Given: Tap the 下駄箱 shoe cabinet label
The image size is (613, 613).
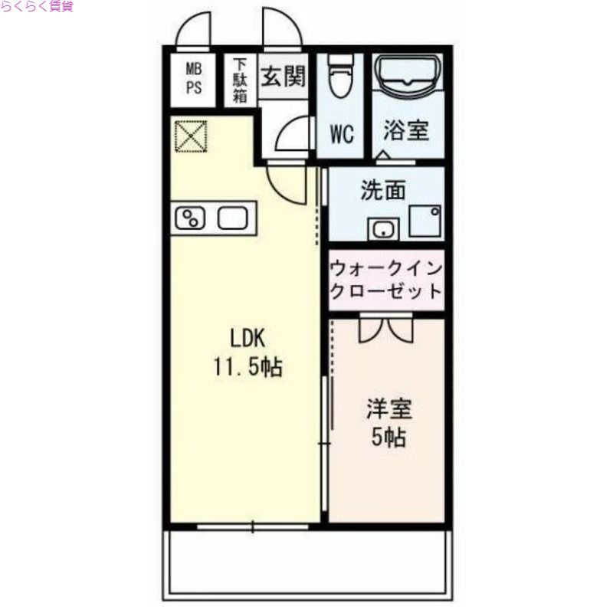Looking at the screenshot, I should click(240, 80).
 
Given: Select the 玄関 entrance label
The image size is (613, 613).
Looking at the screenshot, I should click(284, 77).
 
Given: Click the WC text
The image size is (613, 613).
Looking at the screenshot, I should click(341, 133).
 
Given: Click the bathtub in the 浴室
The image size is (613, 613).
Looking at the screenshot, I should click(408, 79).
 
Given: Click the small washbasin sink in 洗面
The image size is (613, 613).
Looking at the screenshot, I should click(382, 228).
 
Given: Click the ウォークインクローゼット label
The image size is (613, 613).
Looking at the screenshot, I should click(386, 280).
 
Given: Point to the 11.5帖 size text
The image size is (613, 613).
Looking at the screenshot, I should click(247, 368).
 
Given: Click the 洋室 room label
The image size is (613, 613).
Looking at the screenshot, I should click(388, 409).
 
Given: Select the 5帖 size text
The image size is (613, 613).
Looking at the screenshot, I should click(388, 438).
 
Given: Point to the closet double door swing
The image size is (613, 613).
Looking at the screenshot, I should click(387, 329).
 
